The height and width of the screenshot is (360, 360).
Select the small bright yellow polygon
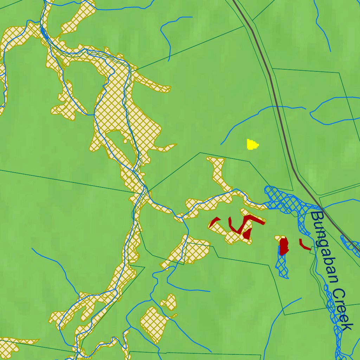(252, 144)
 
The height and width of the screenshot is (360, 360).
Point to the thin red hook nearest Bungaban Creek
(304, 245)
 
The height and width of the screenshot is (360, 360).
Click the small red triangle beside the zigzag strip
(248, 233)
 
